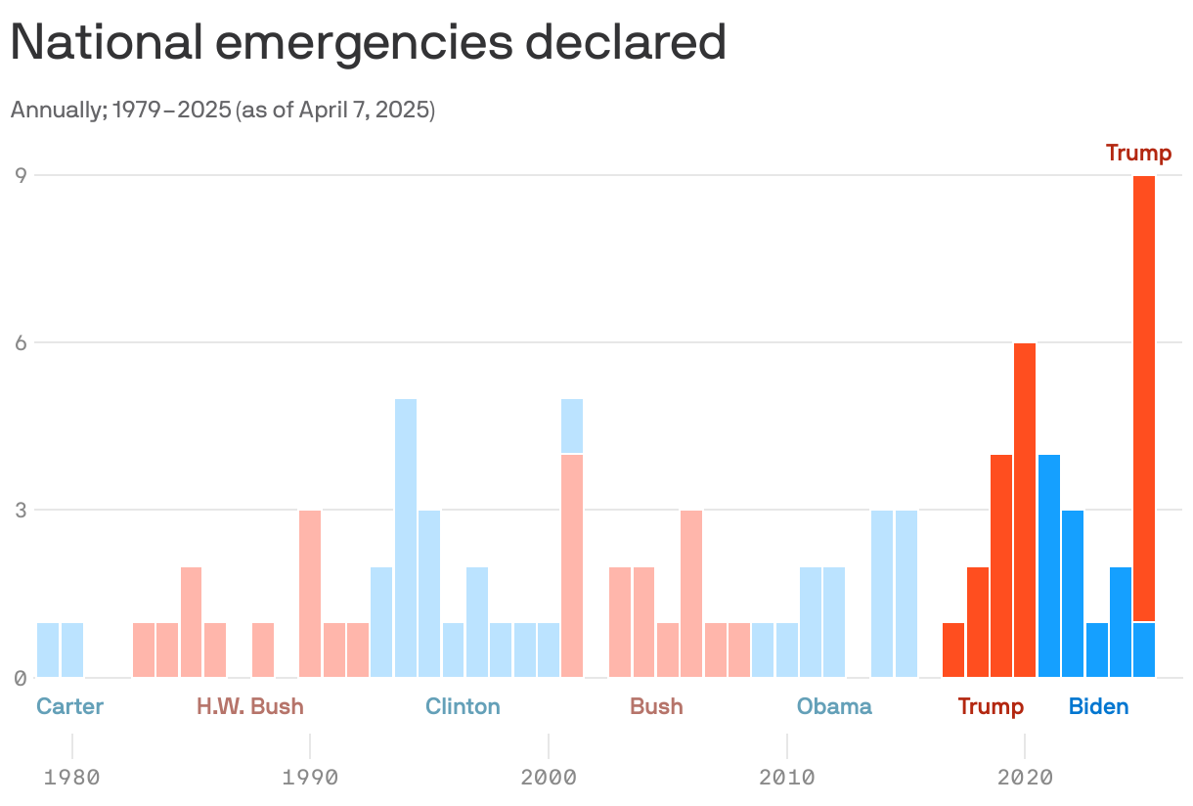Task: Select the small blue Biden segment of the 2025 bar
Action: click(1144, 649)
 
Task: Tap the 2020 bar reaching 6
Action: click(1025, 510)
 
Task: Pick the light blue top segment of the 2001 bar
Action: click(572, 425)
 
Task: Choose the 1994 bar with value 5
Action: click(406, 537)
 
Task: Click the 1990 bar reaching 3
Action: click(310, 593)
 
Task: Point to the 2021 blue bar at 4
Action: click(1049, 565)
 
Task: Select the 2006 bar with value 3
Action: click(691, 593)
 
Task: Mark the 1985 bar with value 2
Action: click(192, 621)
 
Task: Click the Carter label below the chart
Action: click(69, 706)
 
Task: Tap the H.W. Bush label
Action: click(250, 706)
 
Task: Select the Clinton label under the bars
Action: click(463, 706)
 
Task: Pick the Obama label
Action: click(834, 706)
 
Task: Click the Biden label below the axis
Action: click(1098, 706)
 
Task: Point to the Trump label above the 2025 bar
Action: click(1138, 153)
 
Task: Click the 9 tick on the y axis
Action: click(19, 176)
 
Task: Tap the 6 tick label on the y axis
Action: click(19, 343)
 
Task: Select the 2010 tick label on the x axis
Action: click(787, 779)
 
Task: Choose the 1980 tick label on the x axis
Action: click(71, 779)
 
